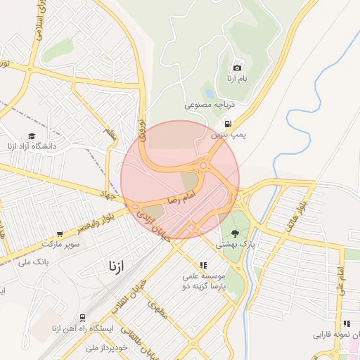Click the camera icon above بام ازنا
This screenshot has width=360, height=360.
pyautogui.click(x=237, y=67)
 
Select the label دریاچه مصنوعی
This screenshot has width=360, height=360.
pyautogui.click(x=209, y=105)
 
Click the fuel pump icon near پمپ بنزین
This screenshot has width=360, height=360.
pyautogui.click(x=227, y=123)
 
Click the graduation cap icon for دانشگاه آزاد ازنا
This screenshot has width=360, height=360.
pyautogui.click(x=32, y=136)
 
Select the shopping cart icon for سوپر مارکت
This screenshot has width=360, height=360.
pyautogui.click(x=60, y=234)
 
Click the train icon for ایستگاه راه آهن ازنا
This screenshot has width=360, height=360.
pyautogui.click(x=83, y=318)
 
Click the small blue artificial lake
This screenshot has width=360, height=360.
pyautogui.click(x=209, y=92)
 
